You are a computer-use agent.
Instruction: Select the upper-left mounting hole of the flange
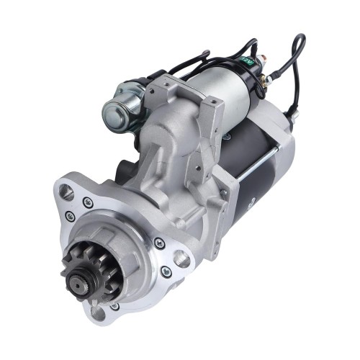pos(67,192)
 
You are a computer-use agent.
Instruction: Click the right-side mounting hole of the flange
pos(181,258)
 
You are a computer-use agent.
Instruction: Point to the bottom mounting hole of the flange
pos(96,312)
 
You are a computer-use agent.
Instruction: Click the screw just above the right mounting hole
pos(159,243)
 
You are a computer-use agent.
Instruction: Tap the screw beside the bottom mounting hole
pos(116,307)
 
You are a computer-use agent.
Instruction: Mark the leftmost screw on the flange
pos(70,216)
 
